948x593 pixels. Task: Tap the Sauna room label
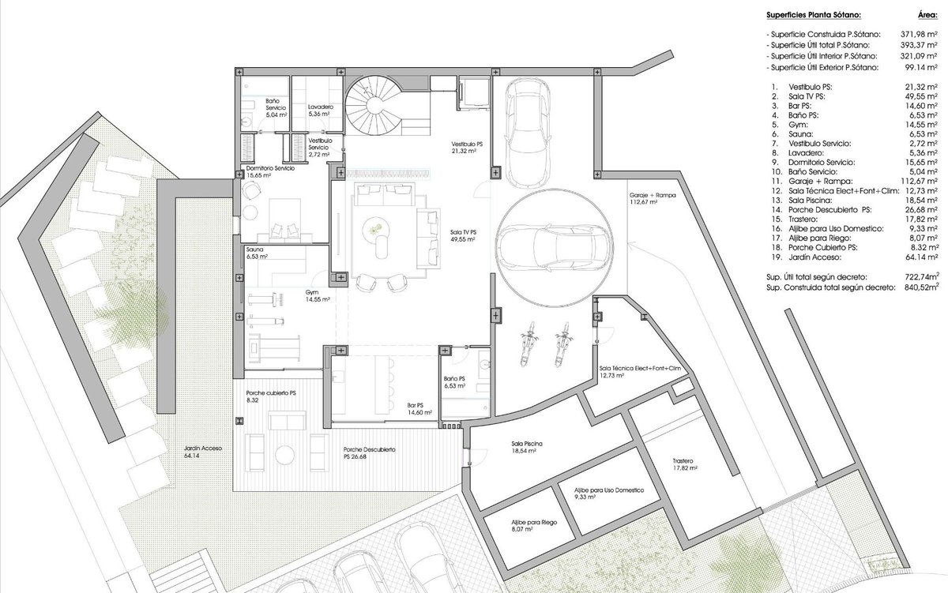click(257, 253)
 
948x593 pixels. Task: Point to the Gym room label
click(318, 295)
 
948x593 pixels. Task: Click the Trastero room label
click(685, 464)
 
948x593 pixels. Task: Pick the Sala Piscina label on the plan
click(526, 447)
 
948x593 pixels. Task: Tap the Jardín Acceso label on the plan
click(203, 452)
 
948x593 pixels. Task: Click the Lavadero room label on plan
click(321, 110)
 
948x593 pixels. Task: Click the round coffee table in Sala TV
click(374, 228)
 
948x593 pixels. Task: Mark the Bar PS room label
click(419, 408)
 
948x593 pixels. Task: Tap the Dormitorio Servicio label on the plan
click(270, 171)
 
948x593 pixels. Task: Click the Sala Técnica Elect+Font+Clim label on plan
click(640, 371)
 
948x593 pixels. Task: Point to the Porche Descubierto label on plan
click(369, 452)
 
